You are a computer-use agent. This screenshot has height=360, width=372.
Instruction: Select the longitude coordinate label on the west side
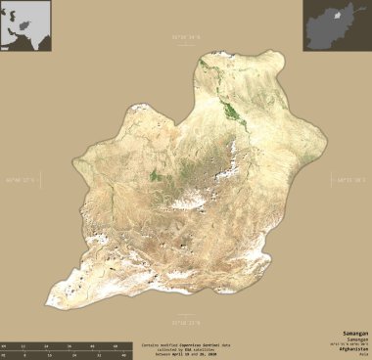coord(20,180)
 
